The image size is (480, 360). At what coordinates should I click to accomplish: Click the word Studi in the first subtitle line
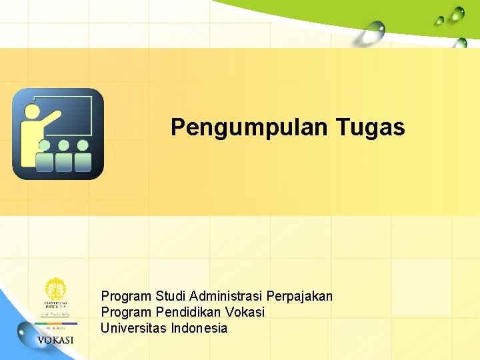(x=171, y=295)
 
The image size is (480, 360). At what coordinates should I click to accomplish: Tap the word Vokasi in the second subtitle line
(x=246, y=312)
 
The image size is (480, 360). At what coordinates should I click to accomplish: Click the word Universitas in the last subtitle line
(x=134, y=328)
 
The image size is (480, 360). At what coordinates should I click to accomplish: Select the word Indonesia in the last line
(x=199, y=328)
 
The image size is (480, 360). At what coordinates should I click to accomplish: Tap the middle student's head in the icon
(x=64, y=145)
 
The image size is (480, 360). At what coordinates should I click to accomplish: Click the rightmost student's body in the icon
(x=83, y=162)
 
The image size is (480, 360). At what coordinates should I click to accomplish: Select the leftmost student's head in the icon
(x=45, y=145)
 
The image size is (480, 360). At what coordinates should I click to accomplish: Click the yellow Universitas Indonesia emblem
(x=55, y=289)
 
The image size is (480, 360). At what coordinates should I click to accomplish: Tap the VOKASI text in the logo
(x=55, y=341)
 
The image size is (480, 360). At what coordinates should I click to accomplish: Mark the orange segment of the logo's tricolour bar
(x=47, y=323)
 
